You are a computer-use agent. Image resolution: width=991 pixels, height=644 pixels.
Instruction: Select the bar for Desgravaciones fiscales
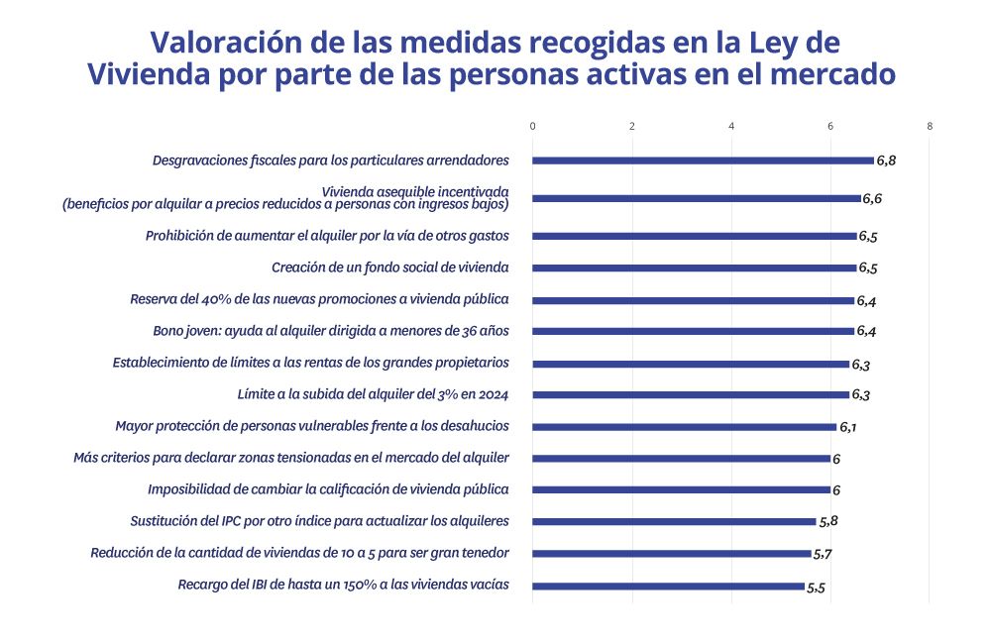click(703, 160)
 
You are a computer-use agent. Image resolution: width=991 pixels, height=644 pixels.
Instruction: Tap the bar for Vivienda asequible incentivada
click(697, 198)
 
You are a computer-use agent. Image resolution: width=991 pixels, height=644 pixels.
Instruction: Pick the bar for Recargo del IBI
click(669, 586)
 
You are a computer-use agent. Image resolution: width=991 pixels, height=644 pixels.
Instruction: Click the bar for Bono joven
click(693, 331)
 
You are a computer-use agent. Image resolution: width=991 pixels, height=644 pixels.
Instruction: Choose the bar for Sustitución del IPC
click(674, 521)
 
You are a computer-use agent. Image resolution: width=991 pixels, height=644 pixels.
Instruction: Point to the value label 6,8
click(888, 160)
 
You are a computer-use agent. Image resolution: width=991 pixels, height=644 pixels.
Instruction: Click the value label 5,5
click(817, 588)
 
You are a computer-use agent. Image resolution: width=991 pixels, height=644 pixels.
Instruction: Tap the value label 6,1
click(849, 427)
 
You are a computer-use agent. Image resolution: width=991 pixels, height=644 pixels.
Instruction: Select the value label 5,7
click(822, 554)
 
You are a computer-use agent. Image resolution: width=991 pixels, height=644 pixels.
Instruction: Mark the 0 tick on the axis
click(533, 126)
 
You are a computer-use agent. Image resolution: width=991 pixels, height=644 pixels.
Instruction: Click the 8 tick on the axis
click(930, 126)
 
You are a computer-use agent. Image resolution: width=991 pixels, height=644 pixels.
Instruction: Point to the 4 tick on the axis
click(731, 126)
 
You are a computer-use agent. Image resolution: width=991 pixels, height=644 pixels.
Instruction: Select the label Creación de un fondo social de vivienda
click(389, 268)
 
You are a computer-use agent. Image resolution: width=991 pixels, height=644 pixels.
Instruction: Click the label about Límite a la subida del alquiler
click(373, 394)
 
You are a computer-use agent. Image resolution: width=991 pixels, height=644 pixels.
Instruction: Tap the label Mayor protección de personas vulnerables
click(312, 426)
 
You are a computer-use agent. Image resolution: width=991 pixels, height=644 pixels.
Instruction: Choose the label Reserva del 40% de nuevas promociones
click(319, 299)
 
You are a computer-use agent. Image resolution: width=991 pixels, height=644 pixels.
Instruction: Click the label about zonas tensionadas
click(291, 458)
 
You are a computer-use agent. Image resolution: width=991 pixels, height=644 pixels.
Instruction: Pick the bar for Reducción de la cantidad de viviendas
click(672, 554)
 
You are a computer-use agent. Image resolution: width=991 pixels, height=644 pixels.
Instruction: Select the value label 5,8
click(828, 521)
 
